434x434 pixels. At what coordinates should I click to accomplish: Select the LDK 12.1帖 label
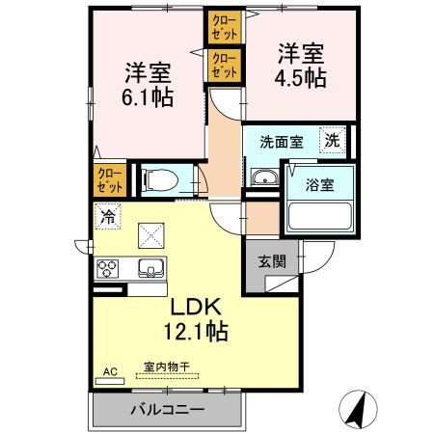pyautogui.click(x=198, y=318)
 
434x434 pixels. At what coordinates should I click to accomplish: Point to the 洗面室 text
pyautogui.click(x=281, y=142)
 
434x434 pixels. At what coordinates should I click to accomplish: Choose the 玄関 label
pyautogui.click(x=272, y=260)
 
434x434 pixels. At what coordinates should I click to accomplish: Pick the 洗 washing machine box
pyautogui.click(x=332, y=140)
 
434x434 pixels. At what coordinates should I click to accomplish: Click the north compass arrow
pyautogui.click(x=356, y=410)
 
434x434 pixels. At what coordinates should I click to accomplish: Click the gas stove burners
pyautogui.click(x=106, y=267)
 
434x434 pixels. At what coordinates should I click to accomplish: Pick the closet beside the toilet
pyautogui.click(x=107, y=178)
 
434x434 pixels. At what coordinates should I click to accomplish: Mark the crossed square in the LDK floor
pyautogui.click(x=150, y=234)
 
